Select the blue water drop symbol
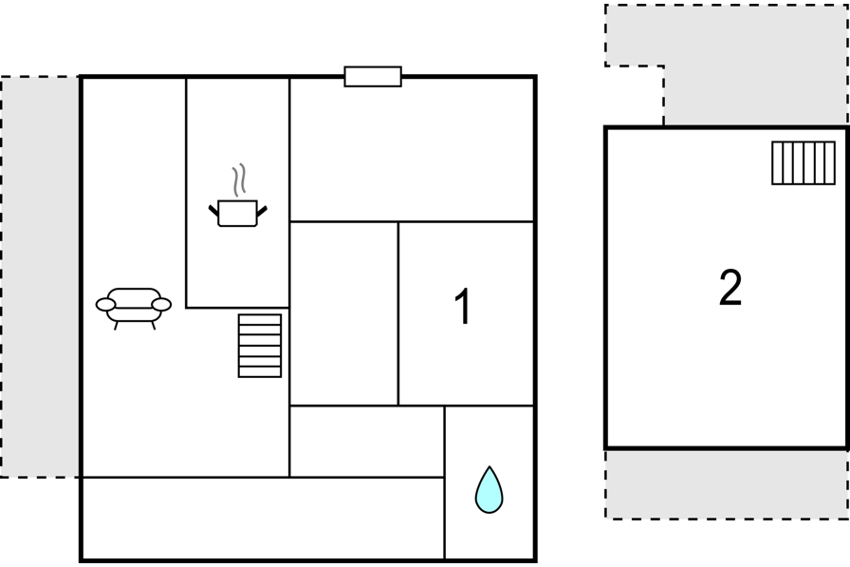click(489, 490)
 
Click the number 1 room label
click(462, 307)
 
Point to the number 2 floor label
click(730, 288)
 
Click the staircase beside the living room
click(260, 346)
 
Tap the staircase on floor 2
click(804, 162)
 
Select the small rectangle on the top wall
click(373, 77)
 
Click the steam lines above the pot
click(239, 180)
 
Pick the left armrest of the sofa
click(105, 305)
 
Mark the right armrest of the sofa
click(161, 305)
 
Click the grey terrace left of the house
click(40, 276)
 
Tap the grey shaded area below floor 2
click(727, 484)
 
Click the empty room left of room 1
click(343, 313)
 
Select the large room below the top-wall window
click(412, 150)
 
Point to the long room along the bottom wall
click(263, 519)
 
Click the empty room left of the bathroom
click(367, 442)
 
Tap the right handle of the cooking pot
click(262, 212)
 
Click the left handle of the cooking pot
click(214, 212)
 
